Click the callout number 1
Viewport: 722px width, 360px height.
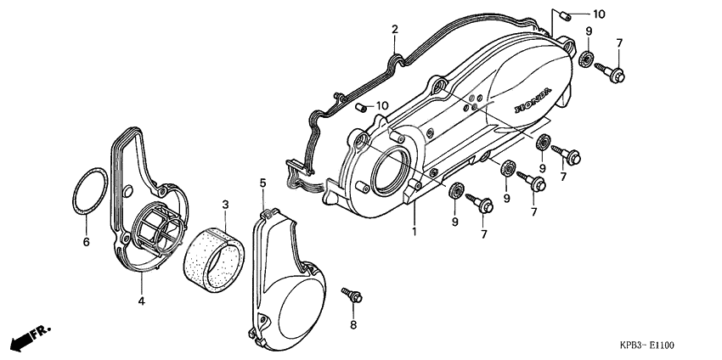pos(415,230)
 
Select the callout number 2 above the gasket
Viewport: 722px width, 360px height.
pos(395,30)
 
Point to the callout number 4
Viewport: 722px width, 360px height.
pos(142,300)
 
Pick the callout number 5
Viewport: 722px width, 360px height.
pos(262,183)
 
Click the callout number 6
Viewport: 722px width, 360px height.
pos(86,242)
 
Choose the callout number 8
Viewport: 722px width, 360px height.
pos(353,325)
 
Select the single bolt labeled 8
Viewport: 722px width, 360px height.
pos(353,295)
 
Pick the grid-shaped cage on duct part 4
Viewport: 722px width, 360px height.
pos(158,228)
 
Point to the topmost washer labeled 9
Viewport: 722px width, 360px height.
pos(585,59)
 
